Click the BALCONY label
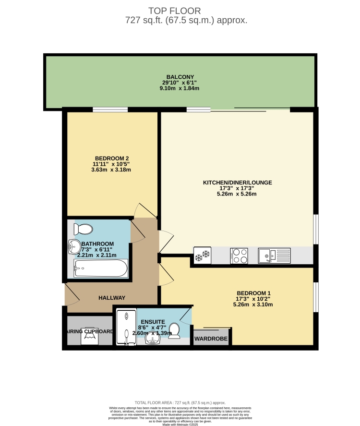(180, 77)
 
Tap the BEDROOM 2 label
(112, 158)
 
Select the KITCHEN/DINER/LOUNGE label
(238, 183)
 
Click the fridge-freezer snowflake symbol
(202, 255)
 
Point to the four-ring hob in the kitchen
(239, 255)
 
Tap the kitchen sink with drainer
(274, 255)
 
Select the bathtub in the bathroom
(100, 269)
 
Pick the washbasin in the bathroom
(74, 246)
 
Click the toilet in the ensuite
(174, 329)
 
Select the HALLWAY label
(112, 298)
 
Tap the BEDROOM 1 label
(254, 293)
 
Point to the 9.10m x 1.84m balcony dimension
(180, 88)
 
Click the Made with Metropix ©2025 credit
(180, 424)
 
